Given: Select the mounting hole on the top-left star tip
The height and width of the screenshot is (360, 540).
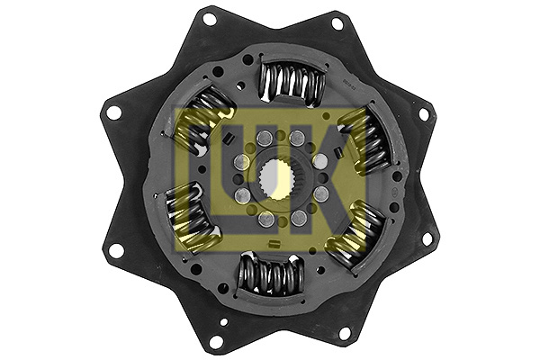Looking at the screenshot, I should coord(209,18).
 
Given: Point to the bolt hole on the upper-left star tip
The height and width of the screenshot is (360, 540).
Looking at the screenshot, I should coord(114,112).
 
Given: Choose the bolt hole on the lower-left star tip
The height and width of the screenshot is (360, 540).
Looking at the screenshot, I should coord(114,249).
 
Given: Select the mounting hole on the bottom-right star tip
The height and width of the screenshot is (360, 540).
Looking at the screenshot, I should coord(344,333).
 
